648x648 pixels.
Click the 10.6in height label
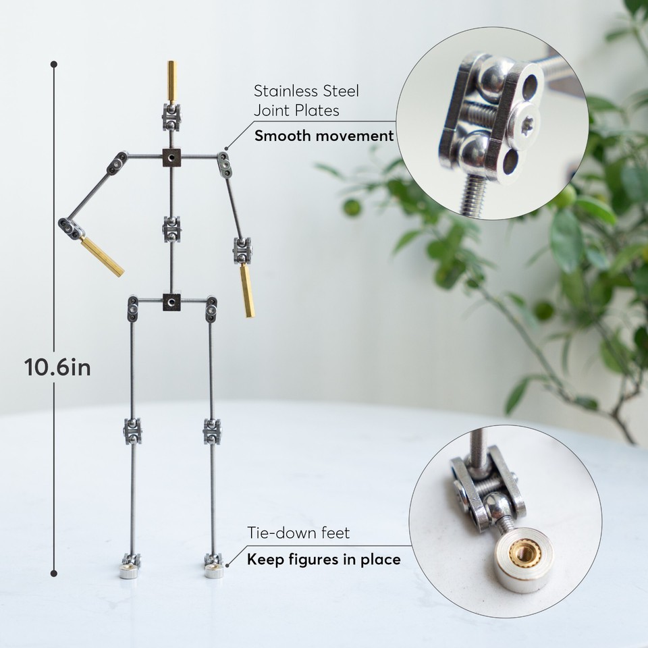tap(57, 368)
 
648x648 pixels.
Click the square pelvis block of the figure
tap(172, 302)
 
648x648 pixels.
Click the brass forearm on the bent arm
tap(104, 256)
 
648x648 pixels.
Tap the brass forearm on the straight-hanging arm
tap(247, 290)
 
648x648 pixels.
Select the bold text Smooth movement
tap(323, 136)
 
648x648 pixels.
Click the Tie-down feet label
tap(298, 533)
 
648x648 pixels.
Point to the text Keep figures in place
tap(323, 559)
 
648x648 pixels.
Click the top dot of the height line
tap(54, 65)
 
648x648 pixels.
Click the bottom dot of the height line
tap(54, 574)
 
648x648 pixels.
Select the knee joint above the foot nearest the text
tap(212, 431)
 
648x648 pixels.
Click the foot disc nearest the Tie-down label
tap(213, 572)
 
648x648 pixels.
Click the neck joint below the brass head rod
tap(171, 117)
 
